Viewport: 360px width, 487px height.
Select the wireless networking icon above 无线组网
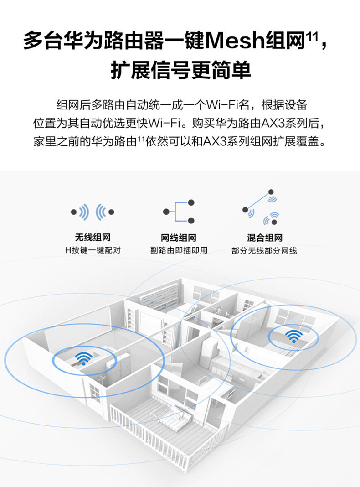coord(93,212)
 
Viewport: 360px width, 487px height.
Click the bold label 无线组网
coord(93,238)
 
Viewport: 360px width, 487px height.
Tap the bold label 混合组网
coord(264,238)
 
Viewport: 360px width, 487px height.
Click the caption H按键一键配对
coord(93,250)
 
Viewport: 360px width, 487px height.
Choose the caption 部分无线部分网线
coord(264,250)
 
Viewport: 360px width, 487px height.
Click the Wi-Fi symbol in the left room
coord(84,358)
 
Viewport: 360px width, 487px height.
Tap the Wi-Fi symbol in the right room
coord(293,336)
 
